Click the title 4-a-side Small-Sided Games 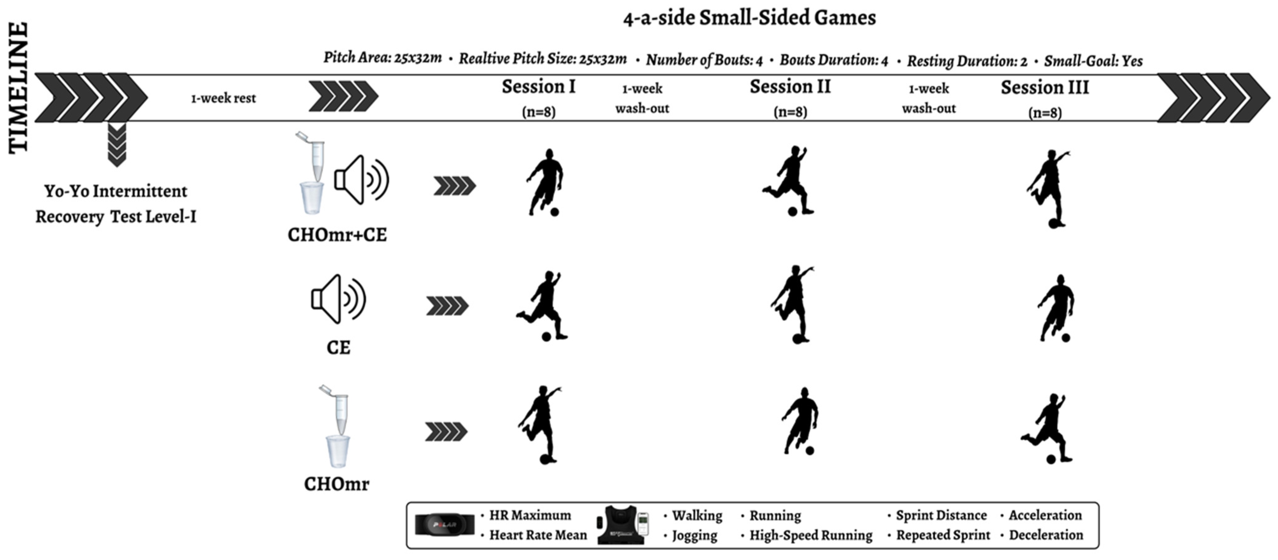point(749,18)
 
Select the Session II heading point(790,87)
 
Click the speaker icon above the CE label point(338,299)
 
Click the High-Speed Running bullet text point(810,535)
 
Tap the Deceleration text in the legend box point(1046,535)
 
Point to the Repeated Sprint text point(943,535)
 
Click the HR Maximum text point(530,515)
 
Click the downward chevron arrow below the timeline point(117,145)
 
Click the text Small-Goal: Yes point(1093,61)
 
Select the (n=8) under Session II point(790,112)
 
